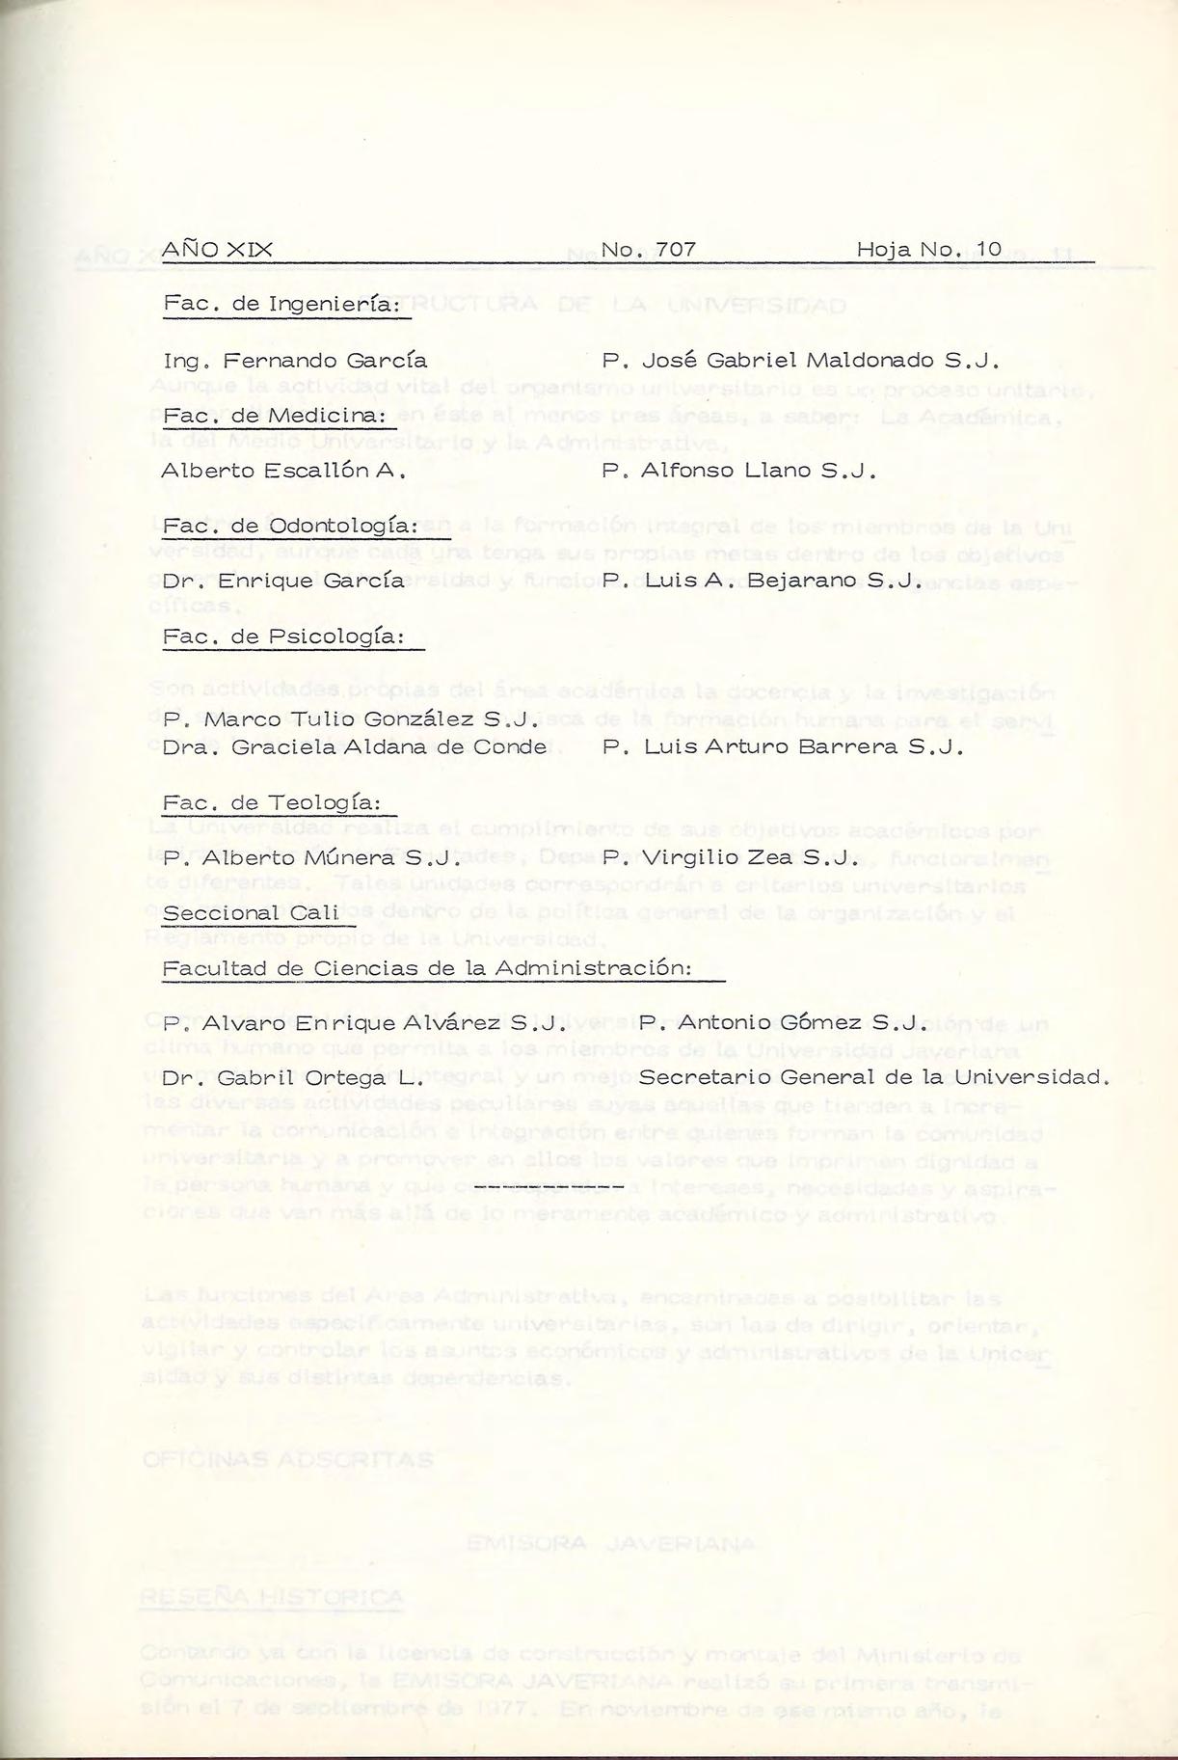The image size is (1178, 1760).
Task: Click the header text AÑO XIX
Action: (217, 250)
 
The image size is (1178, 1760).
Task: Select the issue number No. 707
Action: (648, 250)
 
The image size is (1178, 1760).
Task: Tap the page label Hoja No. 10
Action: (929, 250)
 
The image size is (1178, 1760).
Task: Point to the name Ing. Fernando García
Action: (295, 361)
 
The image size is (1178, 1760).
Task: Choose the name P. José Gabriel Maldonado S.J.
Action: (800, 361)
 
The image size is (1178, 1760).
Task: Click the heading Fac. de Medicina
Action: (275, 416)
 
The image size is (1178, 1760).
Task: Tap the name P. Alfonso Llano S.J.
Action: (738, 472)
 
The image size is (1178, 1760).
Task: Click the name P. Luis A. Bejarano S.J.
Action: (763, 582)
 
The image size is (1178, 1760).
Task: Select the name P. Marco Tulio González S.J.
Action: (350, 719)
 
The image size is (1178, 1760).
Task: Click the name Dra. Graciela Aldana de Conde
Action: (354, 747)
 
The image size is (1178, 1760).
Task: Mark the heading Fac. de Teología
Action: (273, 802)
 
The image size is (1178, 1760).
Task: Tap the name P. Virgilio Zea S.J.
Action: (730, 857)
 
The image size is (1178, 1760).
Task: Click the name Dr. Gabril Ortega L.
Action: (293, 1078)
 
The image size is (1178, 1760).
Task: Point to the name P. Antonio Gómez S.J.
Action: (782, 1023)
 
